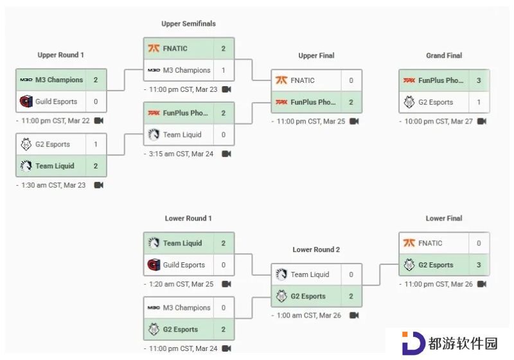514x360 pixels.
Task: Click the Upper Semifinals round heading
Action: (188, 24)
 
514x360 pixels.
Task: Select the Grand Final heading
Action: (444, 55)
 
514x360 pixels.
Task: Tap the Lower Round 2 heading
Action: (316, 249)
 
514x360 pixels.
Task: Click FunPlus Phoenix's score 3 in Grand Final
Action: (479, 80)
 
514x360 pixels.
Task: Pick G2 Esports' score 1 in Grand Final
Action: (479, 102)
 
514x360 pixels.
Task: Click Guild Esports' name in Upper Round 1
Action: (56, 102)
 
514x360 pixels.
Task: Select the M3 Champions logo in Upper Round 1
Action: (26, 80)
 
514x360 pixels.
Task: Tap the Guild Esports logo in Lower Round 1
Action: (154, 265)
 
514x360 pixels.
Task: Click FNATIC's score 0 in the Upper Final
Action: (351, 80)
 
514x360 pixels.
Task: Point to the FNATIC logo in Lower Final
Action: (409, 243)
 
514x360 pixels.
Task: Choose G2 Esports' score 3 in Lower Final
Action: (479, 265)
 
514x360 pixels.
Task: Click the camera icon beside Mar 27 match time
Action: (481, 122)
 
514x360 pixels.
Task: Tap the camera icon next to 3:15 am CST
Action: (227, 154)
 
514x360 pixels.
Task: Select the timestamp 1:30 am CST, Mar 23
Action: (53, 185)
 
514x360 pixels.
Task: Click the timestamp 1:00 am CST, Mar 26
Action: (309, 316)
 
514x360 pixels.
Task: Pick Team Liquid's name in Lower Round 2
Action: (310, 274)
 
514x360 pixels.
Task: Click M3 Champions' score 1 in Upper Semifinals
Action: (223, 70)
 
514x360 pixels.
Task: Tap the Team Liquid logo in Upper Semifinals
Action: (154, 134)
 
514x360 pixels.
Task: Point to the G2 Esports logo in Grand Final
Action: (409, 102)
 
